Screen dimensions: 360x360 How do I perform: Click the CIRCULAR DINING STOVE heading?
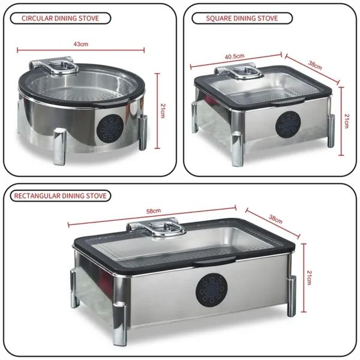pyautogui.click(x=58, y=18)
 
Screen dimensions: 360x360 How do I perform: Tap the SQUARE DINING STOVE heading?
pyautogui.click(x=242, y=18)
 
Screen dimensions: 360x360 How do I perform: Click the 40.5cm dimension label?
pyautogui.click(x=235, y=56)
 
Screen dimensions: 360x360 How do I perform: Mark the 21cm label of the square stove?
pyautogui.click(x=344, y=121)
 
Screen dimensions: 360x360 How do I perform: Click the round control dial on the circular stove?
pyautogui.click(x=112, y=127)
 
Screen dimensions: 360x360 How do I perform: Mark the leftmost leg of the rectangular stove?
pyautogui.click(x=75, y=288)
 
